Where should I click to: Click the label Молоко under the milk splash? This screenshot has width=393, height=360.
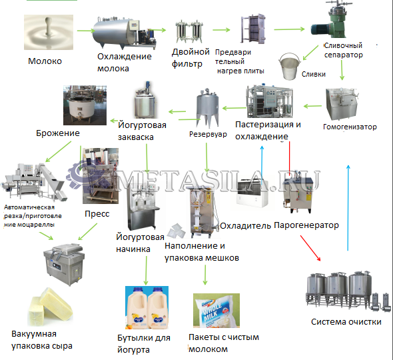(x=45, y=61)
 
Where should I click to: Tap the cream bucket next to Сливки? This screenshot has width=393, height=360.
(x=289, y=66)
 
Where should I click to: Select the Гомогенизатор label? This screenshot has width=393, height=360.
(x=350, y=127)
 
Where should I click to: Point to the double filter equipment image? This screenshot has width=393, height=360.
(x=189, y=32)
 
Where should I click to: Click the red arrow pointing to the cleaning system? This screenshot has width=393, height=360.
(x=310, y=248)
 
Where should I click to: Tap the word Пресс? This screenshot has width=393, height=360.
(x=97, y=214)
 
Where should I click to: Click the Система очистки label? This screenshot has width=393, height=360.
(x=346, y=321)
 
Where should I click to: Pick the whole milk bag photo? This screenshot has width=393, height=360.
(x=216, y=311)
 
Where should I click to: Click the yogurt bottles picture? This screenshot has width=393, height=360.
(x=147, y=307)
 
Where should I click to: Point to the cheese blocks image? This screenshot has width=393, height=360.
(x=50, y=307)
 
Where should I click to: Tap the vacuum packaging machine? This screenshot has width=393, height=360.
(x=64, y=264)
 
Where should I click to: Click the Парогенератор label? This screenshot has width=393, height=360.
(x=306, y=225)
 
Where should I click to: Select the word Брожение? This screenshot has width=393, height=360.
(x=58, y=133)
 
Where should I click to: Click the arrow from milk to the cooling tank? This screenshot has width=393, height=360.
(x=86, y=31)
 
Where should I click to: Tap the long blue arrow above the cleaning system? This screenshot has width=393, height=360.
(x=348, y=208)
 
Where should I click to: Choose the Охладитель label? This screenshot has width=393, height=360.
(x=245, y=226)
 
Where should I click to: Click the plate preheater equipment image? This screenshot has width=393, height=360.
(x=253, y=29)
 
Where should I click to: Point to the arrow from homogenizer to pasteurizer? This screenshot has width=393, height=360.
(x=312, y=106)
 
